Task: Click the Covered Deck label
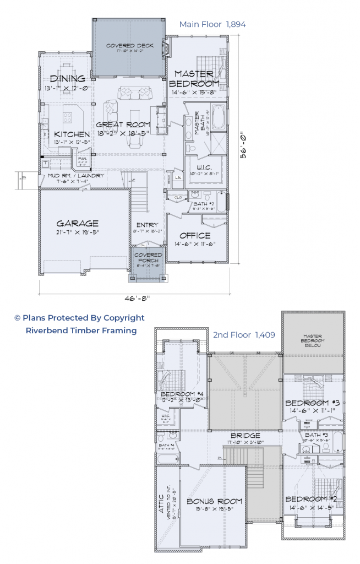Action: tap(129, 46)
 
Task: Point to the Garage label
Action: tap(78, 223)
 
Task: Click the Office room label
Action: tap(195, 236)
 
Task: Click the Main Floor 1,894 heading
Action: tap(212, 24)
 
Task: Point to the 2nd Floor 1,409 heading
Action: tap(238, 334)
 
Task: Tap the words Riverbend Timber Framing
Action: tap(81, 330)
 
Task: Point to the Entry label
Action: tap(147, 225)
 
